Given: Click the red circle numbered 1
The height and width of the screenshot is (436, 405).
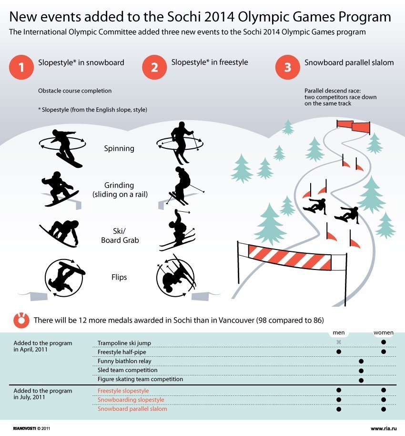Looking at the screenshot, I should point(21,67).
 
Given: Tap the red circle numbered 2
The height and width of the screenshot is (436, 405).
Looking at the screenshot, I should point(154,67).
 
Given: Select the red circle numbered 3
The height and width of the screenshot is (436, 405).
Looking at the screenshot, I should point(287,67).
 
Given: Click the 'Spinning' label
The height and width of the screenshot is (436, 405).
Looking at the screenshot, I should point(119,148).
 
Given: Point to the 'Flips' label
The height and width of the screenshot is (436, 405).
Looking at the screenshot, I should point(120,277).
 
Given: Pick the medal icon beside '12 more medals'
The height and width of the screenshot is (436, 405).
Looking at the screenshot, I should point(21,320).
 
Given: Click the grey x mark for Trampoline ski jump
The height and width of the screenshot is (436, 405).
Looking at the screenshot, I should point(339,342).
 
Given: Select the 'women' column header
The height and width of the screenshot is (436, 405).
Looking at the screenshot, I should point(383,332).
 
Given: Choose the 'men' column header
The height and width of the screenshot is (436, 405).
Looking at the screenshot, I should point(339,332).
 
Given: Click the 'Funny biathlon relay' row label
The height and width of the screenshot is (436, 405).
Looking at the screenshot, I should point(125,361).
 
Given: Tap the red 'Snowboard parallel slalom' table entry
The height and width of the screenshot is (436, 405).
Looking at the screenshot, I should point(132,409).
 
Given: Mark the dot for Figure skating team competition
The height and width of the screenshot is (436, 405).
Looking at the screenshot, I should point(361,380).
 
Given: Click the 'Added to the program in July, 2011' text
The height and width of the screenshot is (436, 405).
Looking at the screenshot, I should point(43,394).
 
